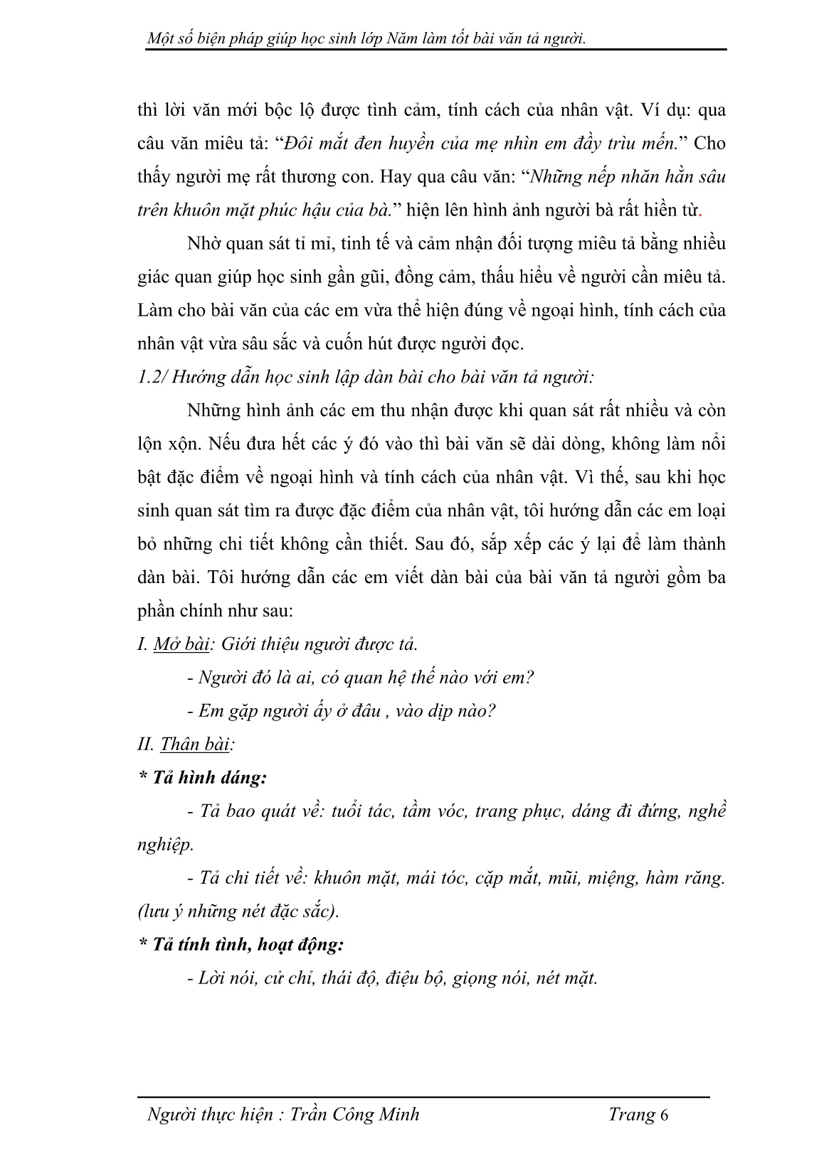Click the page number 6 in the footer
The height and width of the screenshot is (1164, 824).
pyautogui.click(x=665, y=1114)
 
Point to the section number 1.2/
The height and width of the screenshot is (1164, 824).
pyautogui.click(x=152, y=377)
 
